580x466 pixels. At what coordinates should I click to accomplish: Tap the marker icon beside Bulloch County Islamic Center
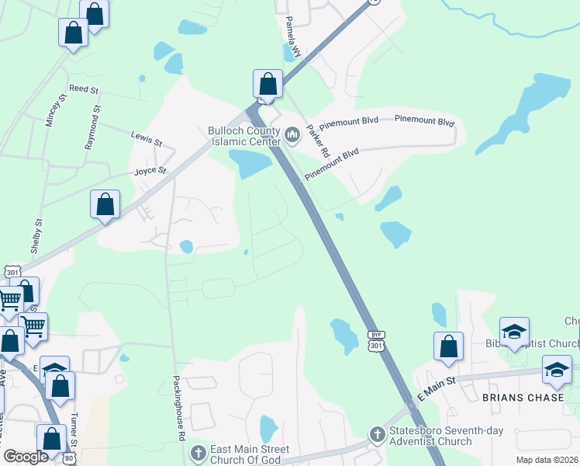[x=292, y=136]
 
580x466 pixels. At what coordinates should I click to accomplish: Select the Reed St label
[x=85, y=90]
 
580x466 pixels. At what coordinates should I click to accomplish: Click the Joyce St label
[x=150, y=171]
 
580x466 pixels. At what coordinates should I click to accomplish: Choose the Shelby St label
[x=36, y=235]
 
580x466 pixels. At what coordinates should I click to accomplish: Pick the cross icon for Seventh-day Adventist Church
[x=377, y=434]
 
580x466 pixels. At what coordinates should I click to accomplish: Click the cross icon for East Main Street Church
[x=199, y=451]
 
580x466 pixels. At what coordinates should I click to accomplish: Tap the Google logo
[x=26, y=457]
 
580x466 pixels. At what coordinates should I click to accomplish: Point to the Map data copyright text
[x=546, y=460]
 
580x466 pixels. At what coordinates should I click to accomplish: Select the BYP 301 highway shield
[x=376, y=340]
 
